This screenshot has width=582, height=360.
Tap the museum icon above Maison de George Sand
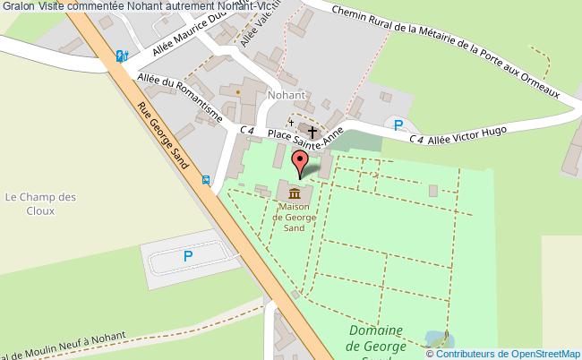tap(295, 192)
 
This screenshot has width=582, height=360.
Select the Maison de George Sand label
tap(295, 217)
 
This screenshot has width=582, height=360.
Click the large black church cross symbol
tap(312, 131)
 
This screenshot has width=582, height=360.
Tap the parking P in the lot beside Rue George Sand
tap(188, 256)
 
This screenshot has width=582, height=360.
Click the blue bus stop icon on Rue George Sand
tap(207, 179)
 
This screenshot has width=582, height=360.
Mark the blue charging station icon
tap(122, 56)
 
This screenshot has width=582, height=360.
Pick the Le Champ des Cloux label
tap(41, 204)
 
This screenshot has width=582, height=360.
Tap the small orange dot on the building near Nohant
tap(237, 90)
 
